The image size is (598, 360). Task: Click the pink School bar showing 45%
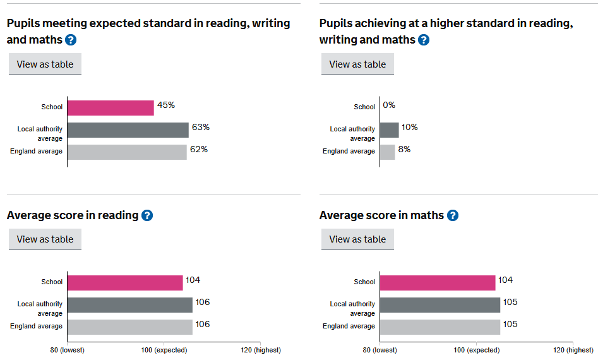click(111, 108)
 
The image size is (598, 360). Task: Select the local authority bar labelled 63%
click(128, 130)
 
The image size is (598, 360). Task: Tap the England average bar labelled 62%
click(127, 152)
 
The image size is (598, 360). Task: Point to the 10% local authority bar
click(390, 130)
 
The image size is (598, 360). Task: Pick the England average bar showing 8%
click(388, 152)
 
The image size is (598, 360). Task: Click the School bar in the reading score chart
click(125, 283)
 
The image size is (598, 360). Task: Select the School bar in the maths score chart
click(438, 283)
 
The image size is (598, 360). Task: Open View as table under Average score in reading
click(45, 239)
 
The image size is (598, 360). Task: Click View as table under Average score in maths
click(357, 239)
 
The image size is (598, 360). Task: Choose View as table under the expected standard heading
click(45, 64)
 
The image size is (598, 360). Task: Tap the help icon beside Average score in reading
click(147, 215)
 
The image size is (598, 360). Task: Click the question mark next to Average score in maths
click(453, 215)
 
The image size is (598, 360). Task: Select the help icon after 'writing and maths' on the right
click(424, 40)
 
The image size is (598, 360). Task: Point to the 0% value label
click(389, 105)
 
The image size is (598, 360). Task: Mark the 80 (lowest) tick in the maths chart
click(380, 350)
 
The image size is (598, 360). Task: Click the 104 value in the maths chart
click(505, 280)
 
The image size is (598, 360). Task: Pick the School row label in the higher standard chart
click(364, 107)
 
